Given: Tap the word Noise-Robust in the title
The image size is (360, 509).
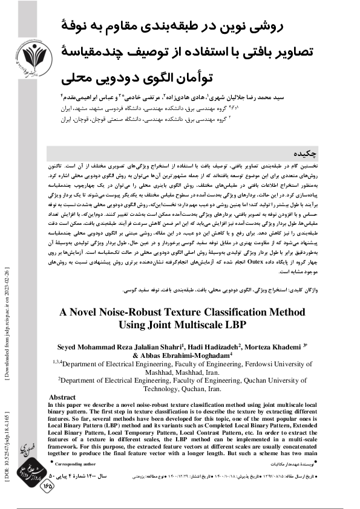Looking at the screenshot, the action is click(140, 314).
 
